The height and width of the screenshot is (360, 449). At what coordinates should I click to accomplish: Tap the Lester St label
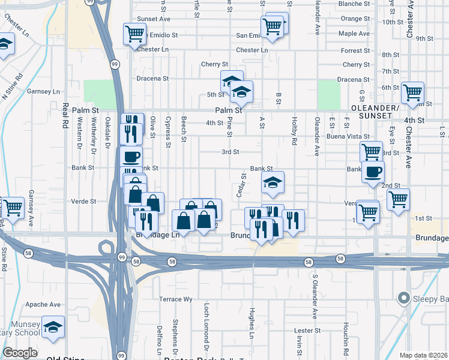307,331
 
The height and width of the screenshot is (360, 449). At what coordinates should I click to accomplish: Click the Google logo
20,353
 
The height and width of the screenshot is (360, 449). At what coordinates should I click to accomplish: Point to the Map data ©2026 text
423,355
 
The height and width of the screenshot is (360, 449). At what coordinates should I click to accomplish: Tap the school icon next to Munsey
53,328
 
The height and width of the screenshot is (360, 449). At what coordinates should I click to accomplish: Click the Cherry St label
215,64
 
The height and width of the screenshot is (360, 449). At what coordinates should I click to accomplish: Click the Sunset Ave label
154,19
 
